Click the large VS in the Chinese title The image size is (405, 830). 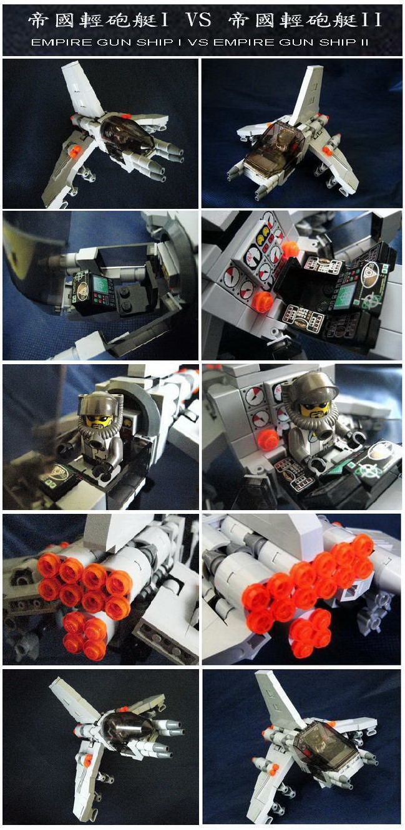click(x=198, y=21)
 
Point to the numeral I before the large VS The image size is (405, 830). click(x=165, y=21)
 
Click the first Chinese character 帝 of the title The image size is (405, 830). click(x=39, y=21)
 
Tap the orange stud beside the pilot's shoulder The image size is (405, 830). click(x=269, y=440)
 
